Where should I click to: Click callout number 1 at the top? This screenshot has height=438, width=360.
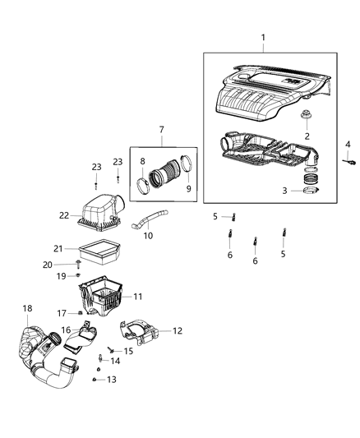[263, 38]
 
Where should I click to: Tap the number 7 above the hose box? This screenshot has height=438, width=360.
[161, 129]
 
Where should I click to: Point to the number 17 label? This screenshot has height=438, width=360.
[61, 312]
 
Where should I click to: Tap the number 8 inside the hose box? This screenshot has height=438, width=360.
[142, 162]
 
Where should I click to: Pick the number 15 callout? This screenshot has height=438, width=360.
[128, 351]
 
